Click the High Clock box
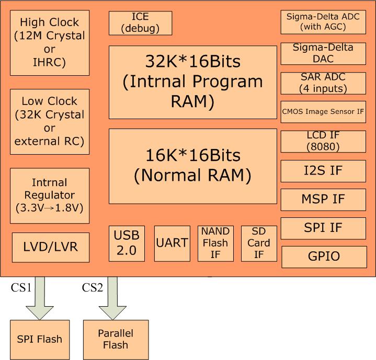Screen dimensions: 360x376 [50, 42]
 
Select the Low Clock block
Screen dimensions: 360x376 [50, 121]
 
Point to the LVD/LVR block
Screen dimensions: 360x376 [51, 246]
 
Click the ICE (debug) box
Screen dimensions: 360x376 [140, 23]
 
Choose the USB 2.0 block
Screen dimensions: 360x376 [127, 243]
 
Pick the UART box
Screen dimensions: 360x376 [172, 243]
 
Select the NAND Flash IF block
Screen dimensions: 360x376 [215, 243]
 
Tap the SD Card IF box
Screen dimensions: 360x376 [258, 243]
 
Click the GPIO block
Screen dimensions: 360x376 [324, 257]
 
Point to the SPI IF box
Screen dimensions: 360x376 [324, 228]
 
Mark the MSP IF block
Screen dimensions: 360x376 [324, 199]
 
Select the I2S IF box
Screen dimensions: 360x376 [324, 170]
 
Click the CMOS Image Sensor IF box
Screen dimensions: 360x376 [324, 111]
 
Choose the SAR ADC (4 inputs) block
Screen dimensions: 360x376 [324, 83]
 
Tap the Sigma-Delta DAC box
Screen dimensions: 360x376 [324, 53]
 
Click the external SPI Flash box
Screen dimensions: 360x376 [40, 339]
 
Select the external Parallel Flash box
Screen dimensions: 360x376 [116, 339]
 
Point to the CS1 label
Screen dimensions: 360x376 [21, 287]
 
